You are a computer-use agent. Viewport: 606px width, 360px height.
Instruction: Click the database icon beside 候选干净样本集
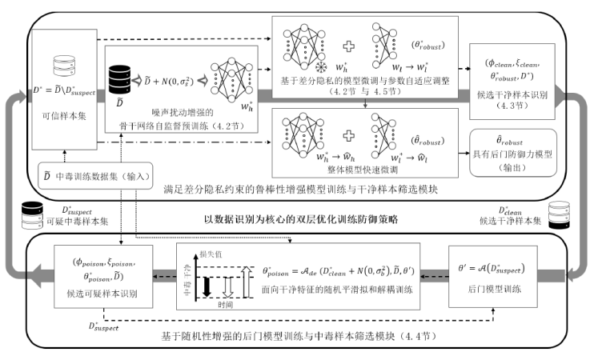tap(560, 213)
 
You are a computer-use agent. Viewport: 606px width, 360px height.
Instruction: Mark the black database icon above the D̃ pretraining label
tap(118, 75)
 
